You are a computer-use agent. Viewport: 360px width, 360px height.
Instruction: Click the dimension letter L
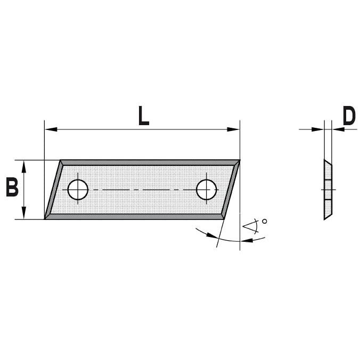(x=144, y=116)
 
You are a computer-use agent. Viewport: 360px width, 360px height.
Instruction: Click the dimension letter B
(x=12, y=187)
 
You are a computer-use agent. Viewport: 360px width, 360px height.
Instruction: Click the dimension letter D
(x=349, y=116)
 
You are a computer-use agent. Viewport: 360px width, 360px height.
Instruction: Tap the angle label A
(x=250, y=226)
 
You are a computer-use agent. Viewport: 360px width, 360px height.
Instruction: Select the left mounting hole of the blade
(x=78, y=190)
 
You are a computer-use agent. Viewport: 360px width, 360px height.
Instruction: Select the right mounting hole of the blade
(x=207, y=190)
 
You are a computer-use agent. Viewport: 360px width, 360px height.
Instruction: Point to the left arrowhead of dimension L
(x=51, y=129)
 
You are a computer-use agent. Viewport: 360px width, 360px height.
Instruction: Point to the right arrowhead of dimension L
(x=233, y=129)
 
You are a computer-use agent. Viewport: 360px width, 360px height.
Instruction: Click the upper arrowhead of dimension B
(x=23, y=167)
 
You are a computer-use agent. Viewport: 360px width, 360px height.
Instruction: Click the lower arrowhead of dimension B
(x=23, y=213)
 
